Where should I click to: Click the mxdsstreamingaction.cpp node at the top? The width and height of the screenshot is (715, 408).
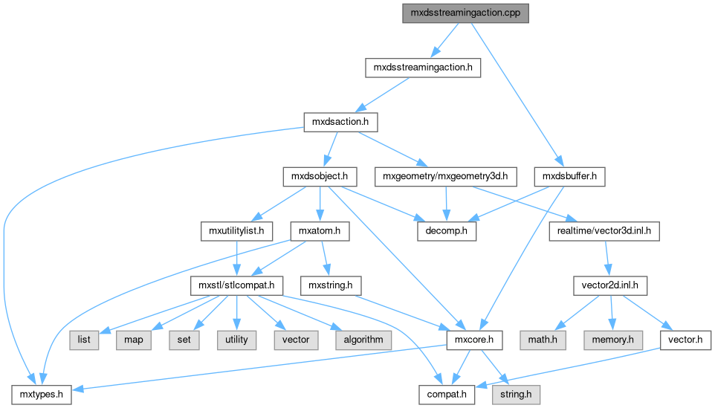tap(465, 13)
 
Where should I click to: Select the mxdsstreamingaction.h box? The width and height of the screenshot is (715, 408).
tap(423, 68)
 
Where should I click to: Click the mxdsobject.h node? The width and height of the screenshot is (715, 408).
tap(320, 177)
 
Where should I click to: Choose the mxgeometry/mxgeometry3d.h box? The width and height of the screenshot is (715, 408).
tap(445, 177)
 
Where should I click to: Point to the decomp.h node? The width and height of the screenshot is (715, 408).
tap(446, 231)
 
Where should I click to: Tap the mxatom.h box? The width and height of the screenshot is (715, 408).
tap(319, 231)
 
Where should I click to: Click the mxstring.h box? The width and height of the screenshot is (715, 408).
tap(330, 285)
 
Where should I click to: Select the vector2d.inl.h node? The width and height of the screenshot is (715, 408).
tap(609, 285)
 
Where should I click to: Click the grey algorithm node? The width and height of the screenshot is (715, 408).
tap(363, 340)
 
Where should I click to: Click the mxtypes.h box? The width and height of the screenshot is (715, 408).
tap(41, 394)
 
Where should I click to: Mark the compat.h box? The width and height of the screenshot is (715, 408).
tap(446, 394)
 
